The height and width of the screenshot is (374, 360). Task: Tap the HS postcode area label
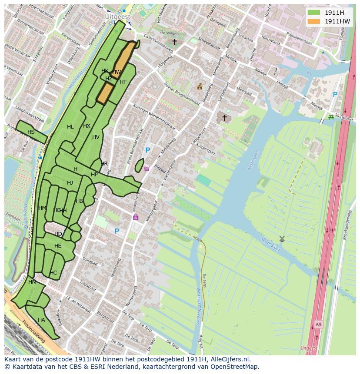click(31, 132)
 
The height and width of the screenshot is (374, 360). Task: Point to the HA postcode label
click(41, 320)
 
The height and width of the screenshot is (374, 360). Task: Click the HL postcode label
click(70, 127)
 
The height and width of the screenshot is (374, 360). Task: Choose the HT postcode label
click(123, 82)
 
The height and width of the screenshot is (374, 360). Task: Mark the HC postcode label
click(53, 273)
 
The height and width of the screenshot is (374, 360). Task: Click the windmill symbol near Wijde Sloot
click(282, 239)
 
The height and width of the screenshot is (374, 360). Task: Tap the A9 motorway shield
click(319, 324)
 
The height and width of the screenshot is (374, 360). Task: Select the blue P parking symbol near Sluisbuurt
click(335, 95)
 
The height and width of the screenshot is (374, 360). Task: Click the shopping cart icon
click(147, 169)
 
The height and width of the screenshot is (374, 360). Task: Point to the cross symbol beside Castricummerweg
click(174, 42)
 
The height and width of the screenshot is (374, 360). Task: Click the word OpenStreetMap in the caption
click(234, 367)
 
